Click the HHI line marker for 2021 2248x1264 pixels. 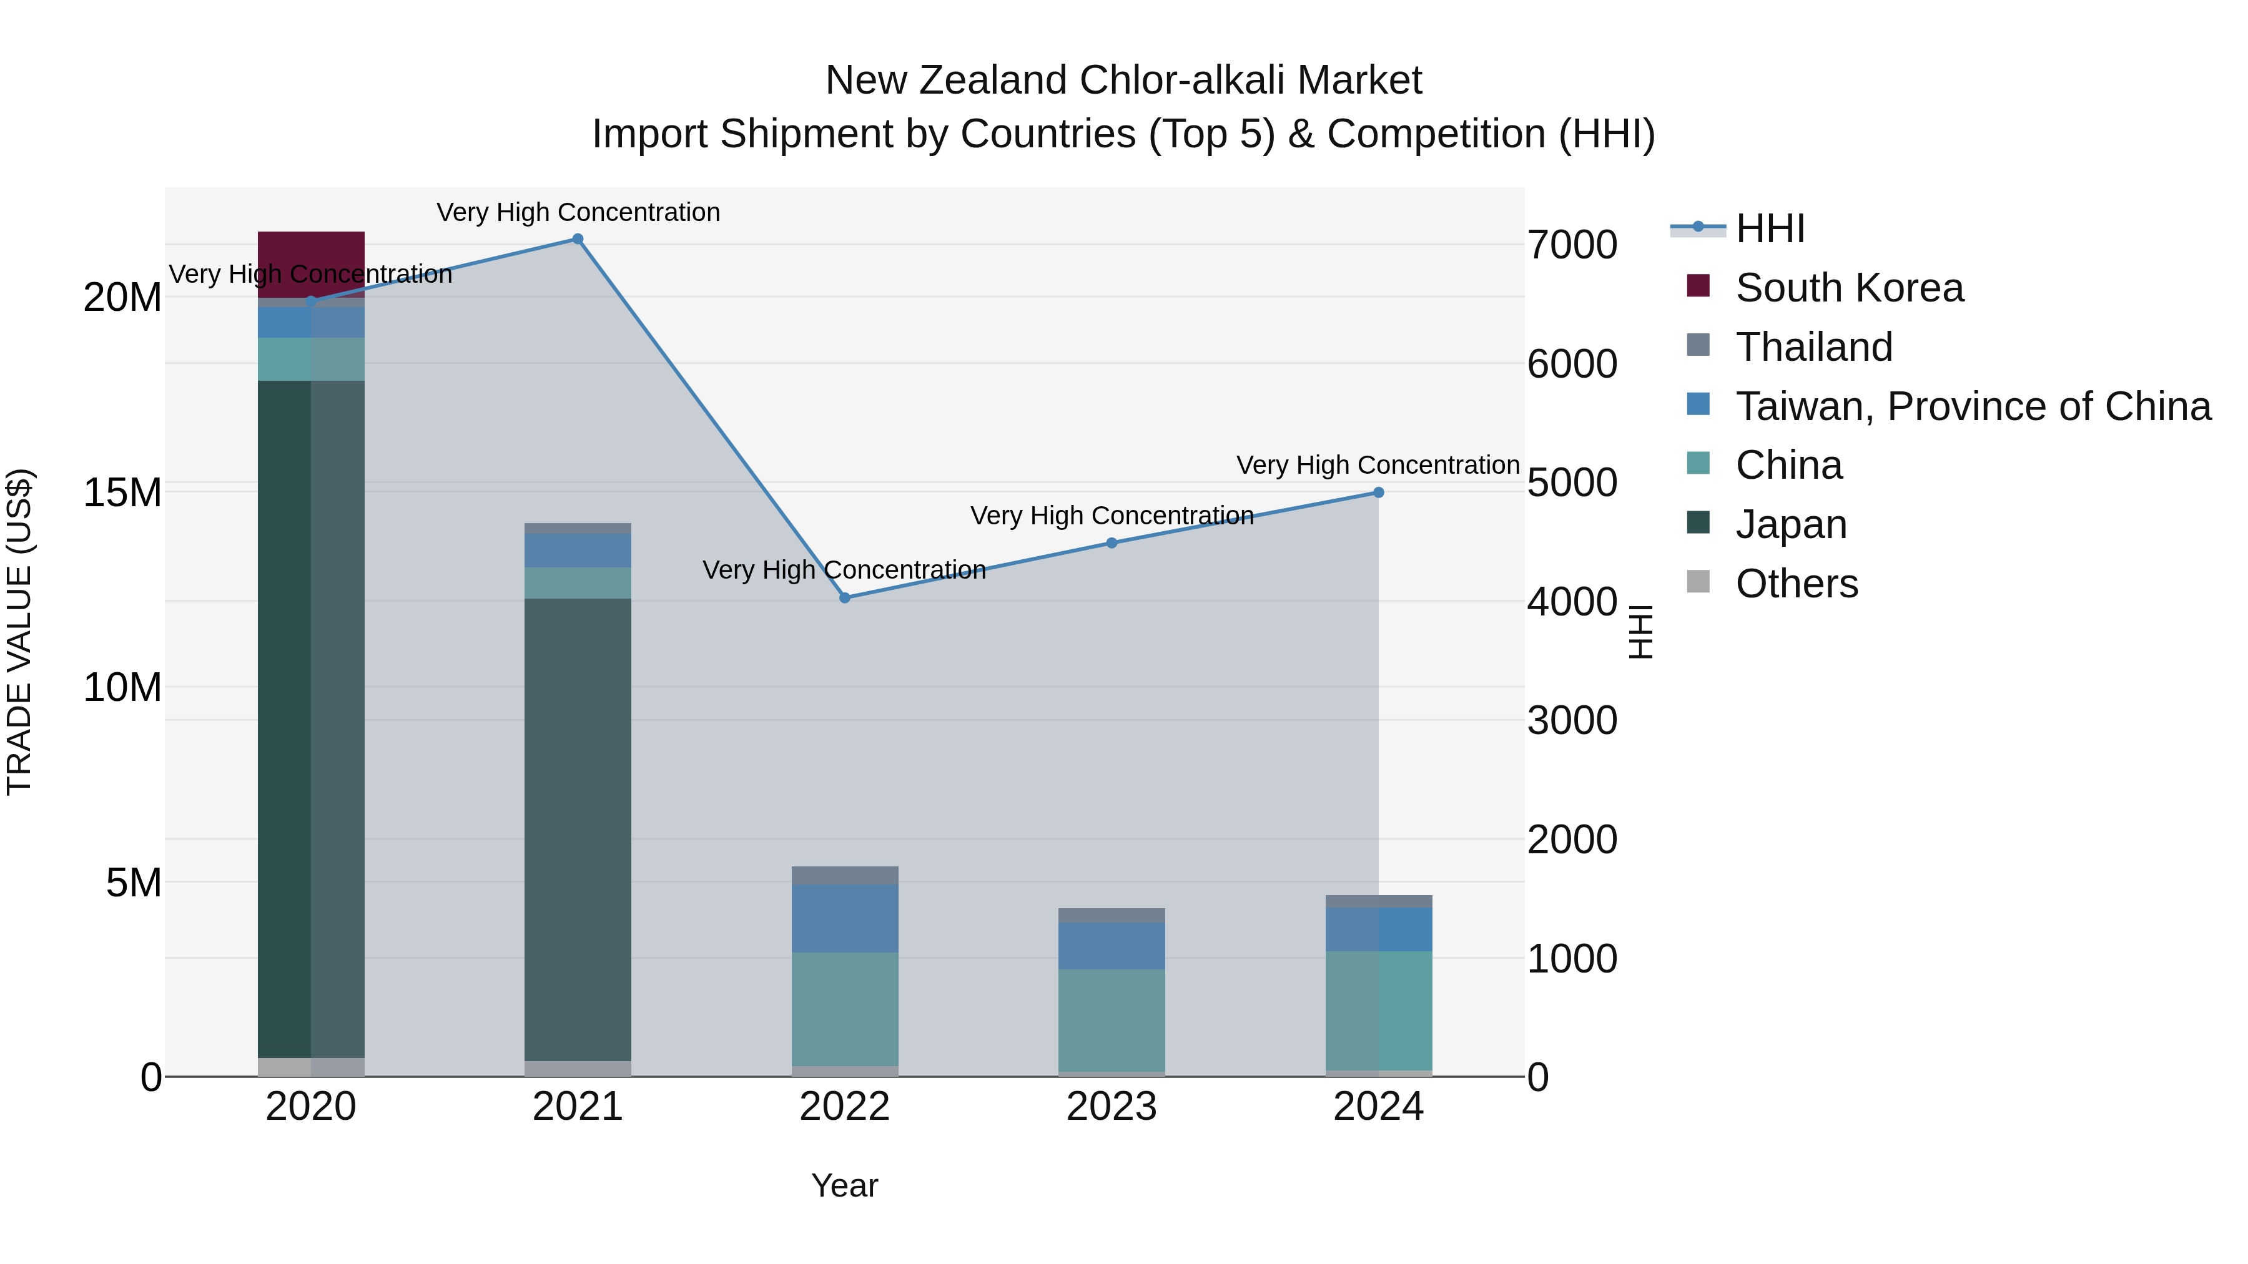click(x=578, y=239)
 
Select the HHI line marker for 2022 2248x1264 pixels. click(x=845, y=599)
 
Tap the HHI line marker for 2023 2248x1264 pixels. click(x=1112, y=544)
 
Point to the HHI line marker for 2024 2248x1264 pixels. click(x=1379, y=493)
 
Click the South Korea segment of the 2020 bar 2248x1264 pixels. click(x=312, y=264)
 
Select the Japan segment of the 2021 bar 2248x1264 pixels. click(x=578, y=829)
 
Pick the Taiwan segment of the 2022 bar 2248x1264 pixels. click(x=845, y=918)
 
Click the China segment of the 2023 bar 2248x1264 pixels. click(x=1112, y=1020)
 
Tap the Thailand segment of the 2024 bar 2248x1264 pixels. click(x=1379, y=901)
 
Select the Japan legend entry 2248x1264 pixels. click(x=1791, y=525)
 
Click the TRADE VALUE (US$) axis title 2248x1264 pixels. click(x=19, y=632)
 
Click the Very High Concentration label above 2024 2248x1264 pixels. click(x=1378, y=466)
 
